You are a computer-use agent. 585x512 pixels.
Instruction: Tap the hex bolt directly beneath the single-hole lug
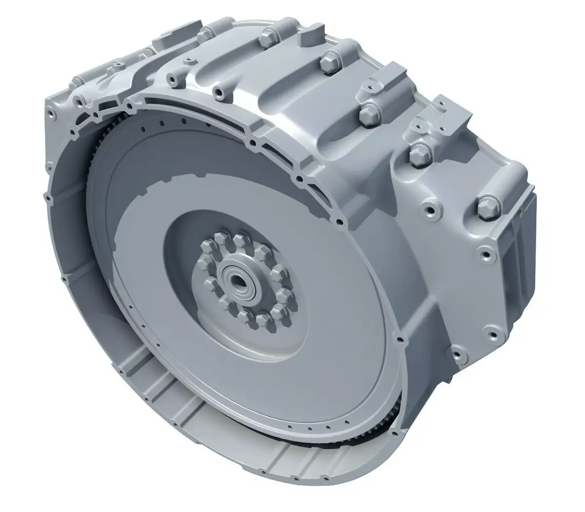point(418,156)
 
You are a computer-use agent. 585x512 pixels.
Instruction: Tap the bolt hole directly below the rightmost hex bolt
point(483,252)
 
